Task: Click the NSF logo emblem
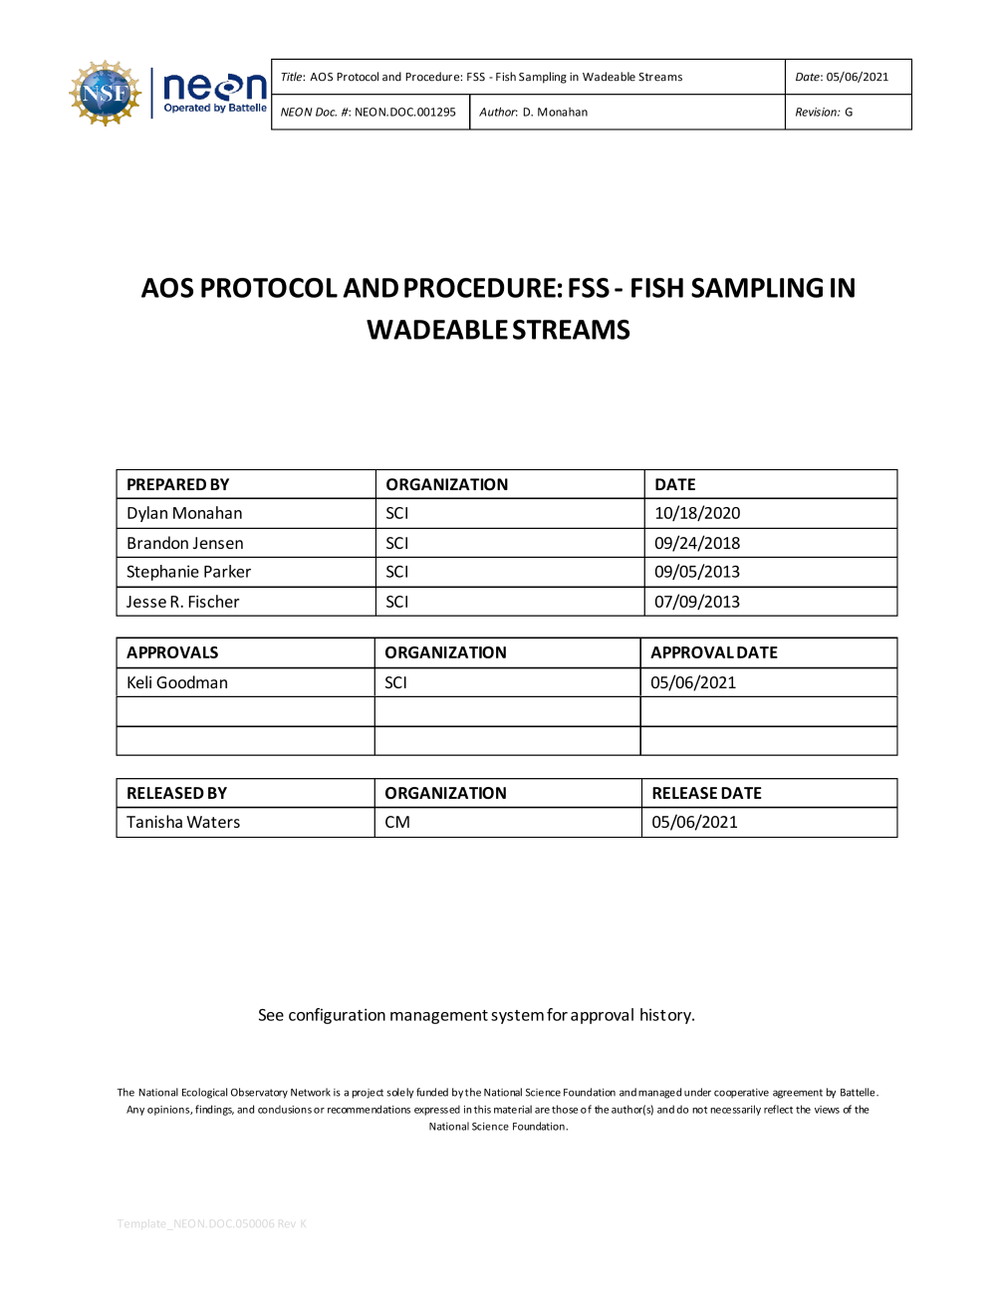(x=105, y=94)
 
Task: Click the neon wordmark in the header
(x=214, y=89)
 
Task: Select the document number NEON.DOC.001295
(x=404, y=113)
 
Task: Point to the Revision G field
(x=824, y=113)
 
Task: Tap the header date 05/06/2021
(x=857, y=77)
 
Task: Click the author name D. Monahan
(x=555, y=113)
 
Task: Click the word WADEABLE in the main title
(x=437, y=330)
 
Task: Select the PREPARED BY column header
(x=178, y=485)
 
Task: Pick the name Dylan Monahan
(x=184, y=514)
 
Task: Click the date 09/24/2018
(x=697, y=544)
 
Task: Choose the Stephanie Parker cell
(x=188, y=573)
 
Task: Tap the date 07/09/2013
(x=697, y=603)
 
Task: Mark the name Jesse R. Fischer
(x=182, y=603)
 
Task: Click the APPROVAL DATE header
(x=714, y=653)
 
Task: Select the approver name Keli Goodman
(x=177, y=683)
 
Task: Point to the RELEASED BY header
(x=176, y=794)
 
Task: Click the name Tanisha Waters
(x=183, y=823)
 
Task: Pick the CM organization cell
(x=397, y=823)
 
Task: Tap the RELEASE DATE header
(x=706, y=794)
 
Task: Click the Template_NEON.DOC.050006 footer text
(x=211, y=1224)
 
